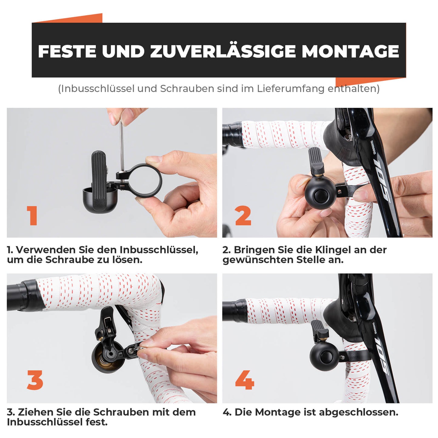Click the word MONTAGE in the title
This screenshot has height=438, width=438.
pos(350,51)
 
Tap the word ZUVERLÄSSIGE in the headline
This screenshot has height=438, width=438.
pos(223,51)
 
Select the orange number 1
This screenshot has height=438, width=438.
pos(32,216)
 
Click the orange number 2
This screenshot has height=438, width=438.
pos(243,216)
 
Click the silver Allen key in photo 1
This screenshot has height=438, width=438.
pos(122,145)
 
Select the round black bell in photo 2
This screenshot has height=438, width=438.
pos(320,191)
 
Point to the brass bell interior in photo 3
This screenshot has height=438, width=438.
pos(103,358)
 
